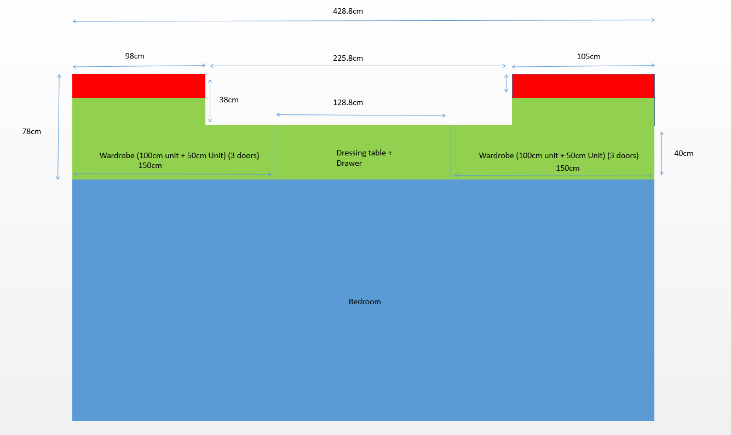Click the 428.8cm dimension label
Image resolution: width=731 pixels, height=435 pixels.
pyautogui.click(x=348, y=11)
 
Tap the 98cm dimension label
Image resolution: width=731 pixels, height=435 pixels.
pyautogui.click(x=135, y=56)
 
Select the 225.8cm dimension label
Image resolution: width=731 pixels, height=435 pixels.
pyautogui.click(x=348, y=58)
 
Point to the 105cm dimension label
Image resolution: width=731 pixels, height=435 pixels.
pyautogui.click(x=589, y=56)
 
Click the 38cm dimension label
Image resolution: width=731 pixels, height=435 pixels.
pyautogui.click(x=229, y=100)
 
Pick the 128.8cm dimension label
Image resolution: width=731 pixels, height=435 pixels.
pyautogui.click(x=348, y=102)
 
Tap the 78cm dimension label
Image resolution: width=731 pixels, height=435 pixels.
pyautogui.click(x=32, y=131)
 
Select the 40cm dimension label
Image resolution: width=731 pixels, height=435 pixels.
pyautogui.click(x=684, y=153)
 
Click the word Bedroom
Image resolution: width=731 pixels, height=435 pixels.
pyautogui.click(x=365, y=301)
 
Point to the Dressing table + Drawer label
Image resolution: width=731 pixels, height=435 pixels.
pyautogui.click(x=364, y=158)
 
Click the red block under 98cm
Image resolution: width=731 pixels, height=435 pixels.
pyautogui.click(x=139, y=86)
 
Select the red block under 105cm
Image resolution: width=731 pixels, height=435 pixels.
pyautogui.click(x=583, y=86)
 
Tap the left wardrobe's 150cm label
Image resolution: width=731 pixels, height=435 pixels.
pyautogui.click(x=150, y=165)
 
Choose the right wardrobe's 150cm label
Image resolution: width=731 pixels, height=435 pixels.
pyautogui.click(x=567, y=169)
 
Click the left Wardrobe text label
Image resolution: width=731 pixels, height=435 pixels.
pyautogui.click(x=179, y=155)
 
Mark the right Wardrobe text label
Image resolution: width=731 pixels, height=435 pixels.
pyautogui.click(x=559, y=155)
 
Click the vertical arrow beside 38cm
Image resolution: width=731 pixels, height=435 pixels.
pyautogui.click(x=210, y=101)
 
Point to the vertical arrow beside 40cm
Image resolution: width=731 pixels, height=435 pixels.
pyautogui.click(x=661, y=153)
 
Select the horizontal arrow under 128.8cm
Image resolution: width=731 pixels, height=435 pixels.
pyautogui.click(x=361, y=115)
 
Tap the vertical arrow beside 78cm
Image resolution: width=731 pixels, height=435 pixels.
pyautogui.click(x=59, y=127)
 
